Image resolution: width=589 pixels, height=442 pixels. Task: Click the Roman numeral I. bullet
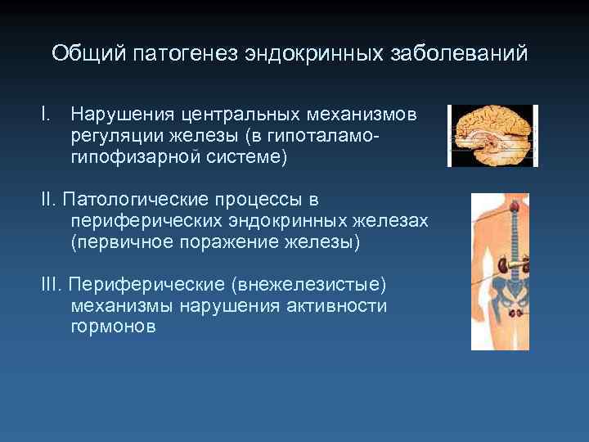(x=46, y=115)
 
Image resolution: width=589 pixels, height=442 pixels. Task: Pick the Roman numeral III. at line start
(x=52, y=285)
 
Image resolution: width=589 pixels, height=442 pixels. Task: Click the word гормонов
(x=113, y=327)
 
